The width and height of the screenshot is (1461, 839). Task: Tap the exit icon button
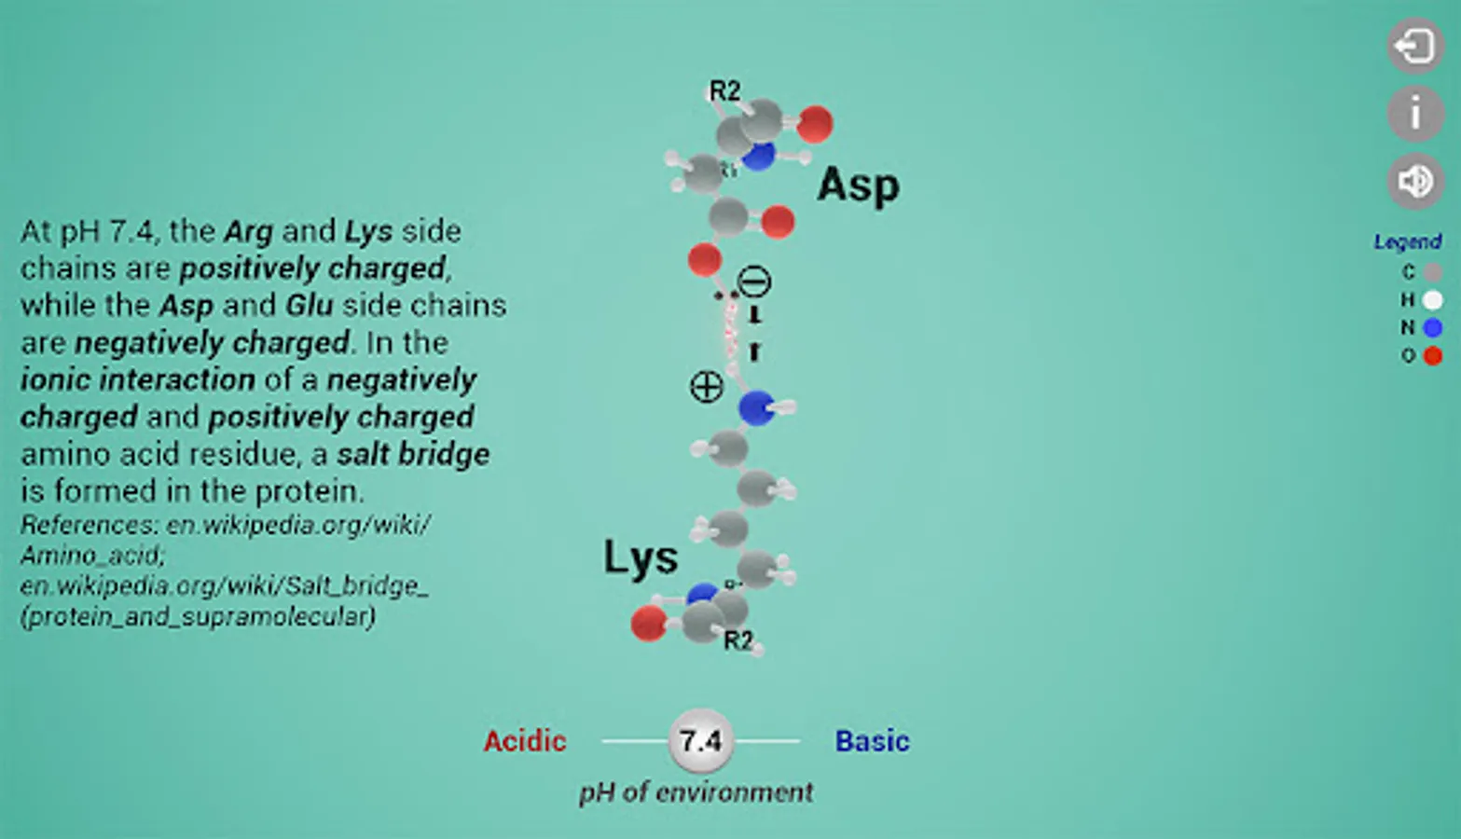point(1414,45)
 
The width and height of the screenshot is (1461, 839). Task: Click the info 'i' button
point(1414,113)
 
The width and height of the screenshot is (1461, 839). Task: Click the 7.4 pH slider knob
point(700,741)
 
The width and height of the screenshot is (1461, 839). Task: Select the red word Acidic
point(525,741)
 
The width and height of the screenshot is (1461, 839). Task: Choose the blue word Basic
point(872,741)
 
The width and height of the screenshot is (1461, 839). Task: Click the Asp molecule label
point(858,186)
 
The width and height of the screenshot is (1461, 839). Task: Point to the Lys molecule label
point(641,557)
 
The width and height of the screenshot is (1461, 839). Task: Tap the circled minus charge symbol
point(754,282)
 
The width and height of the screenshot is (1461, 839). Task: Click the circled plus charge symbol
point(706,386)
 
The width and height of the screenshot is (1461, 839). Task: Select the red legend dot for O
point(1433,355)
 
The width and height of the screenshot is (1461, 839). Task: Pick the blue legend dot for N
point(1433,327)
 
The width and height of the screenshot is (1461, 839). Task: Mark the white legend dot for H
point(1433,299)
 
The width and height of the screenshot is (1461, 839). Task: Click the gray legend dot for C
point(1433,272)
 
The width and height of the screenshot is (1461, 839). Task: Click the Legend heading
point(1407,242)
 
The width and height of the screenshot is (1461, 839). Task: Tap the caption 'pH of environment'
point(696,792)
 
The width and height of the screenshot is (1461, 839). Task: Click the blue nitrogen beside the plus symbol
point(756,407)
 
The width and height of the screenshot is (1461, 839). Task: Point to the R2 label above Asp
point(724,90)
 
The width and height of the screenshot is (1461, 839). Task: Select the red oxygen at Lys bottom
point(648,624)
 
